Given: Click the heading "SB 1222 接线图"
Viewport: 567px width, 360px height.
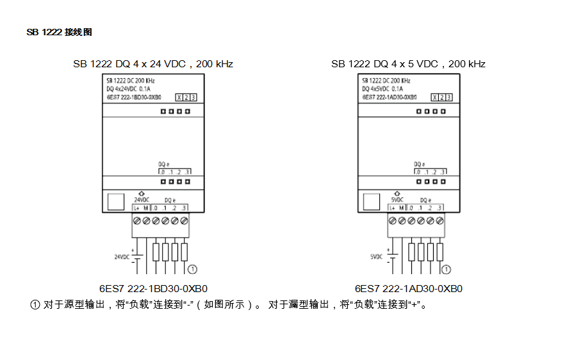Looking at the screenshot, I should tap(59, 32).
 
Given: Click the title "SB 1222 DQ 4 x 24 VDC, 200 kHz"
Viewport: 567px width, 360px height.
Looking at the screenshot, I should tap(152, 64).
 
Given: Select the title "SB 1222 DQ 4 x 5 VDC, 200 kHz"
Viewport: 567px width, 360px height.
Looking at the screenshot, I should tap(408, 64).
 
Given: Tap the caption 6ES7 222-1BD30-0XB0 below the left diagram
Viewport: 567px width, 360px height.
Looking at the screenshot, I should tap(153, 288).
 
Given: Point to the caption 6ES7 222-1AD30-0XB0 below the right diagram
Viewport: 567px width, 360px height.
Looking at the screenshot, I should tap(409, 288).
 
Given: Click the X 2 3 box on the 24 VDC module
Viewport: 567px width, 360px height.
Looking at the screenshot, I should tap(186, 97).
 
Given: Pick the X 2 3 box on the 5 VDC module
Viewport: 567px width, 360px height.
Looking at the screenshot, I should tap(441, 97).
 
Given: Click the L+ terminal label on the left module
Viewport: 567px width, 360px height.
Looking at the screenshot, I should tap(137, 208).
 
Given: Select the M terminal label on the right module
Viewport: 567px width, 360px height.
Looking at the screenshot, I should tap(402, 208).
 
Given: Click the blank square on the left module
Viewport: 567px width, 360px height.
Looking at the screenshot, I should tap(116, 202).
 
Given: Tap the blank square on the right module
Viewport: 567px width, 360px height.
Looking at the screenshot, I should tap(372, 202).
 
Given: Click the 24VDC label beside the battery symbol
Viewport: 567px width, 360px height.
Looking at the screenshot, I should tap(122, 257).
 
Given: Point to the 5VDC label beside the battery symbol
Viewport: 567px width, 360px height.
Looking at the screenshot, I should tap(377, 257).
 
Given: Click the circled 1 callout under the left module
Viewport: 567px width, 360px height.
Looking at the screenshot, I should tap(191, 269).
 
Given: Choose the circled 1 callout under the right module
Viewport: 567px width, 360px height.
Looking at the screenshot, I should tap(447, 269).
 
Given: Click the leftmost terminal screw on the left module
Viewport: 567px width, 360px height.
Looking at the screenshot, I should tap(137, 220).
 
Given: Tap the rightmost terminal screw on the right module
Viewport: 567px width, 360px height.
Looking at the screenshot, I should tap(440, 220).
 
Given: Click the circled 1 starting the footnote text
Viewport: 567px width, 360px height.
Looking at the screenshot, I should tap(35, 304).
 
